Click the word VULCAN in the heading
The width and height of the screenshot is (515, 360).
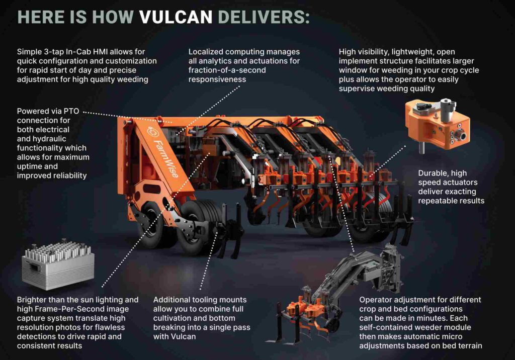point(176,17)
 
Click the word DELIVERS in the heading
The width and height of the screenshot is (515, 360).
point(264,17)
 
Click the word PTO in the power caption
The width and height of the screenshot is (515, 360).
point(71,111)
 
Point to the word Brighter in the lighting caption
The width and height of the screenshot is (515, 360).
point(32,300)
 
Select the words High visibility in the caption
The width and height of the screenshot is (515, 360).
point(363,52)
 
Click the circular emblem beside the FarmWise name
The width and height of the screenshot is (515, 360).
point(153,132)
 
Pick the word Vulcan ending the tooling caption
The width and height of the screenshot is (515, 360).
point(185,336)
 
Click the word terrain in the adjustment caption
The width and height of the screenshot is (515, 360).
point(470,345)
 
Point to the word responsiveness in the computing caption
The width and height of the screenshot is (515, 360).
point(217,79)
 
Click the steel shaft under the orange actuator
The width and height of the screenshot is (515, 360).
point(422,147)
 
